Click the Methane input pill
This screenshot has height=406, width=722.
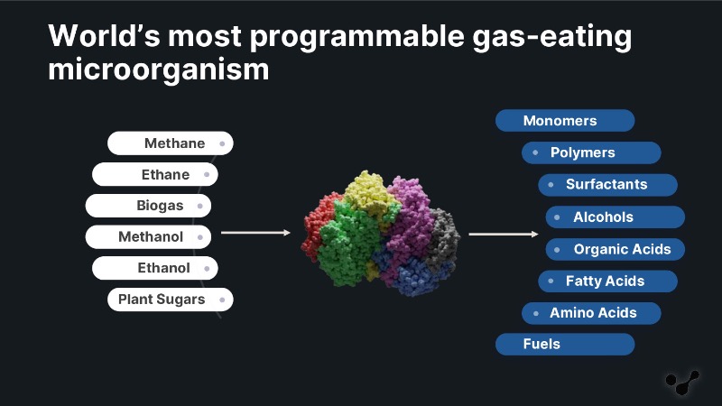coord(171,143)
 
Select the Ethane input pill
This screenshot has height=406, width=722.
coord(154,174)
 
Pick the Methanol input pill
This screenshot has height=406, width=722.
coord(148,236)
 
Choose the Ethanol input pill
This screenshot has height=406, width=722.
coord(154,268)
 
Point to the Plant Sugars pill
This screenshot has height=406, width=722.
coord(171,300)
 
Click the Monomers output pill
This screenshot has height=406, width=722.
coord(565,121)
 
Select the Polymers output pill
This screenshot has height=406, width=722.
coord(591,152)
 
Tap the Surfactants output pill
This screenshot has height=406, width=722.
coord(607,185)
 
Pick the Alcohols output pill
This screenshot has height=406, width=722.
coord(616,217)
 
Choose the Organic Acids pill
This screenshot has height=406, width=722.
coord(616,249)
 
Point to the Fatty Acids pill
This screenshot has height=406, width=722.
coord(607,281)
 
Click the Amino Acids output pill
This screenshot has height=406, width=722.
coord(591,313)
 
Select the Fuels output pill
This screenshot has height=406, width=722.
coord(565,345)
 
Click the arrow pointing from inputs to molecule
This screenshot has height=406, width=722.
coord(256,233)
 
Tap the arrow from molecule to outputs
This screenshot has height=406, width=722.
coord(504,234)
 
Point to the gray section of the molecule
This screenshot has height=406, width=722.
coord(443,237)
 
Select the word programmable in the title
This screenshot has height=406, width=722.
coord(357,37)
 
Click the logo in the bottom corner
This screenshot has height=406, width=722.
coord(682,382)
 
